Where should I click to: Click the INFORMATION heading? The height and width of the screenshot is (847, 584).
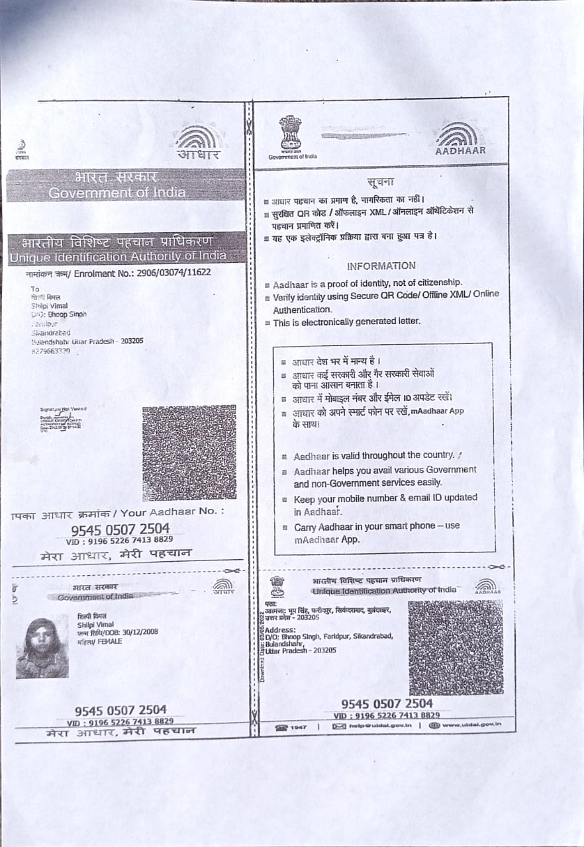tap(381, 266)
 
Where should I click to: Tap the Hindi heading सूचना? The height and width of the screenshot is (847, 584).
tap(380, 182)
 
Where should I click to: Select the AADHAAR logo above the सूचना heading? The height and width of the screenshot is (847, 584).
tap(460, 140)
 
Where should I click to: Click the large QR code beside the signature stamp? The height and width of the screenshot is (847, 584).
tap(189, 453)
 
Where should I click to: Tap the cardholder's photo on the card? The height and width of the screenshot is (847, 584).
tap(42, 648)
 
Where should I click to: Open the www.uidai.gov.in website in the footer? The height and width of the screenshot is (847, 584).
tap(471, 725)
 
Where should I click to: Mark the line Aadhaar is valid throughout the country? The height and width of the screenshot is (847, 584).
tap(374, 455)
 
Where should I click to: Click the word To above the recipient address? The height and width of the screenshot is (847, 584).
tap(34, 289)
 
